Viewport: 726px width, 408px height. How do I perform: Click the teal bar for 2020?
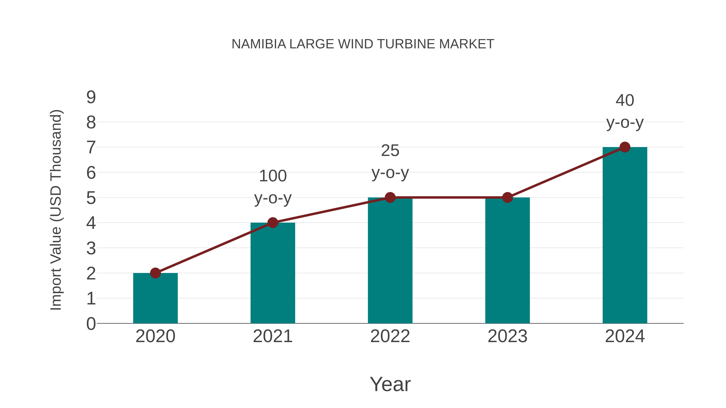coord(155,298)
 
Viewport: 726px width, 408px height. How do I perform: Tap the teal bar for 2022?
coord(390,261)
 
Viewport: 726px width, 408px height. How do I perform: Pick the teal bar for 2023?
coord(507,261)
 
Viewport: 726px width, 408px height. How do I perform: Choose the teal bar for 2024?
coord(625,235)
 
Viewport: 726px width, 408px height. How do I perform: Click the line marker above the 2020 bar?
coord(155,273)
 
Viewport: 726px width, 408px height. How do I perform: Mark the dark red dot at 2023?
coord(507,197)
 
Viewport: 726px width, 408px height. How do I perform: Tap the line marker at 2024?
coord(625,147)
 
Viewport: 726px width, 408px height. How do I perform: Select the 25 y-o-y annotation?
coord(390,161)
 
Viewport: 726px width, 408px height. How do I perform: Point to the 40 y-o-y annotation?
coord(625,111)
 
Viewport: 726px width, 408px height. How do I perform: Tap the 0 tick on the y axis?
coord(91,324)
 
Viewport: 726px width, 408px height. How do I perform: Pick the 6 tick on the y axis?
coord(91,173)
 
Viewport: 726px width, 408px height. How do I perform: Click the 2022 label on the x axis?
coord(390,336)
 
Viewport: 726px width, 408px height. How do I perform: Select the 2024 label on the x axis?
coord(625,336)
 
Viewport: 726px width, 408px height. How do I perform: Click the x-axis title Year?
coord(390,384)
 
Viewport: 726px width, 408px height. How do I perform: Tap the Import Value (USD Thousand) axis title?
coord(56,210)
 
